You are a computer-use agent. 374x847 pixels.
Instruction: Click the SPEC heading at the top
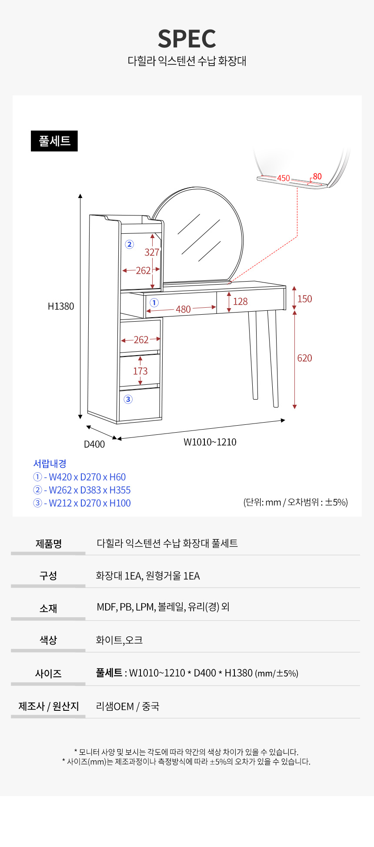coord(187,39)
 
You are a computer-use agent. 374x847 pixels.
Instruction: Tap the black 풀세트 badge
coord(54,141)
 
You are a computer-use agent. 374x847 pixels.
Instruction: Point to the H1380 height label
coord(61,306)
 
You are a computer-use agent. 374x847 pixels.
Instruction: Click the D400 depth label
coord(94,444)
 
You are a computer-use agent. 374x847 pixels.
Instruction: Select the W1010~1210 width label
coord(210,442)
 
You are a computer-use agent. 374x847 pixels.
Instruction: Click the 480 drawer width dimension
coord(183,309)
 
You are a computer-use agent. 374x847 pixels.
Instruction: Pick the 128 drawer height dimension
coord(240,302)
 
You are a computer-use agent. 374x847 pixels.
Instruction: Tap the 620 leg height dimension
coord(304,358)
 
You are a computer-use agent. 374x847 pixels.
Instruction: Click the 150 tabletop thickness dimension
coord(304,299)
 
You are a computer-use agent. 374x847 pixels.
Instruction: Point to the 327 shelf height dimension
coord(152,252)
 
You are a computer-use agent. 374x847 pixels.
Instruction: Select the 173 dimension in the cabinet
coord(140,371)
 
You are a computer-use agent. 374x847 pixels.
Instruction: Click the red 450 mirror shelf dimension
coord(284,178)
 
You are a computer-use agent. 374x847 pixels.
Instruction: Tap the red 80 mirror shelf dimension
coord(317,176)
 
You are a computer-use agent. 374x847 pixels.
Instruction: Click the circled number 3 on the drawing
coord(128,399)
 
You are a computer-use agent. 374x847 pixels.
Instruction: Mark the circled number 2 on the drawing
coord(129,244)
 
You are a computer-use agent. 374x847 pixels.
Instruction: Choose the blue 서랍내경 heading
coord(50,464)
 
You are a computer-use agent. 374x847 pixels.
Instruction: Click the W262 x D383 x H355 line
coord(82,490)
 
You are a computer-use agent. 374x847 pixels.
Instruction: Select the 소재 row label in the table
coord(48,608)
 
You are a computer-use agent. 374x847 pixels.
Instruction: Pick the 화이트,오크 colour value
coord(119,640)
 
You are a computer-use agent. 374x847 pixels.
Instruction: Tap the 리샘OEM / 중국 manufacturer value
coord(127,706)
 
